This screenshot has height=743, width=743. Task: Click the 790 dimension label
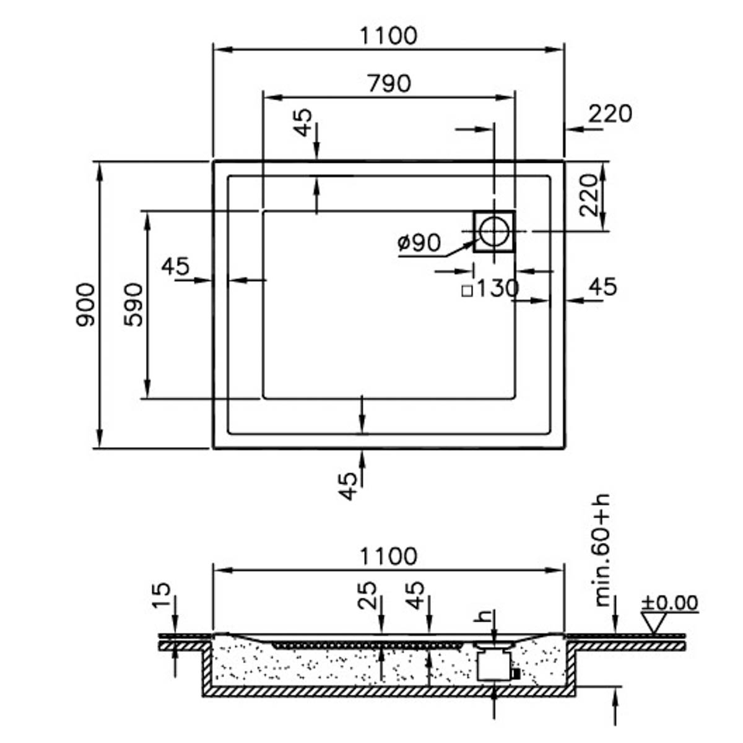click(x=389, y=83)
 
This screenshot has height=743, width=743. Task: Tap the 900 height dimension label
click(x=85, y=305)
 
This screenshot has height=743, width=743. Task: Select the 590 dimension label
click(x=134, y=305)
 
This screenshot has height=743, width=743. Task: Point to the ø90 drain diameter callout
click(x=419, y=243)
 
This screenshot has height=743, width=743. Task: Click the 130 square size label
click(x=492, y=288)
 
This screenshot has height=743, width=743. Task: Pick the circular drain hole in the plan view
click(x=494, y=231)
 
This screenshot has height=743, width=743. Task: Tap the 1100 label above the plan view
click(x=389, y=36)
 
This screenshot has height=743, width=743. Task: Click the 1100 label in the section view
click(x=389, y=556)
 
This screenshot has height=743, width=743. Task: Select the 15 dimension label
click(x=162, y=596)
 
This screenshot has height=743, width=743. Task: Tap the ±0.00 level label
click(x=669, y=602)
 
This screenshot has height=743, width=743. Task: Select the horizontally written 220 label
click(x=610, y=113)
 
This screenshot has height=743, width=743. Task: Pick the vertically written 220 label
click(x=589, y=194)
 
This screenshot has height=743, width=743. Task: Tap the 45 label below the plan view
click(x=349, y=486)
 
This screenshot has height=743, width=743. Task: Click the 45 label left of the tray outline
click(x=175, y=267)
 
